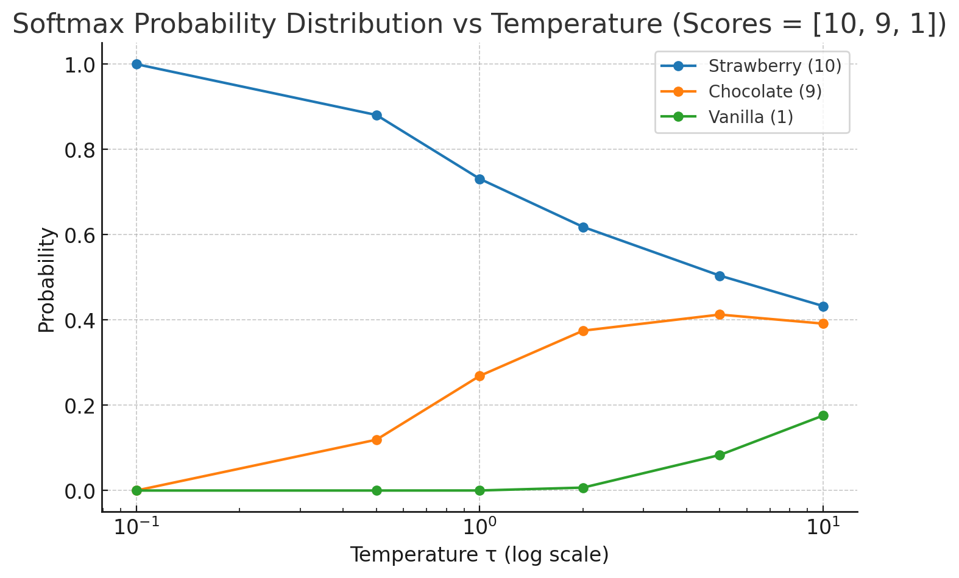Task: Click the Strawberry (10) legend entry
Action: (774, 66)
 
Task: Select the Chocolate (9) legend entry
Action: (765, 91)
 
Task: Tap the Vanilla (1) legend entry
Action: (751, 117)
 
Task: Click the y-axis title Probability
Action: (47, 280)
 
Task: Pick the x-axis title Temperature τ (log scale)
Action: (479, 555)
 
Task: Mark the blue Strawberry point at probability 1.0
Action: (136, 64)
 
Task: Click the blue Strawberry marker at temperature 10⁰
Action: (479, 179)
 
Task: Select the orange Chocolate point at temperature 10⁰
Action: (479, 376)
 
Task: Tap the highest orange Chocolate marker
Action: (720, 314)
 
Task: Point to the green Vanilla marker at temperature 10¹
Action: (823, 415)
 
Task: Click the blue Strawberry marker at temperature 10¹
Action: (823, 306)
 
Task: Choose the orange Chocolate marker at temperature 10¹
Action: (823, 323)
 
